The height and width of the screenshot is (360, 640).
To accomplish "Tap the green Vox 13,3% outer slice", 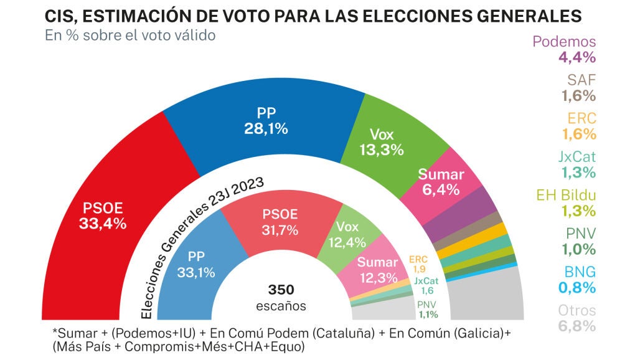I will [381, 142].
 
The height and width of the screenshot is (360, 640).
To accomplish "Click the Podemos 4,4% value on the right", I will [577, 57].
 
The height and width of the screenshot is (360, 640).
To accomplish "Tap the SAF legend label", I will [581, 80].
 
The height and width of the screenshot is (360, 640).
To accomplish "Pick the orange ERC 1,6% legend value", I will [579, 134].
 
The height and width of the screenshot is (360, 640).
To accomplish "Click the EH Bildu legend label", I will [566, 195].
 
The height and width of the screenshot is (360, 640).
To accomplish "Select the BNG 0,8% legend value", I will [577, 287].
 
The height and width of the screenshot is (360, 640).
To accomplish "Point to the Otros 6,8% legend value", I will [577, 326].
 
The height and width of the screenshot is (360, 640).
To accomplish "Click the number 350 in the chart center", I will [281, 290].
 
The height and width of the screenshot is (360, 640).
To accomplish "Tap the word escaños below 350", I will [281, 306].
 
